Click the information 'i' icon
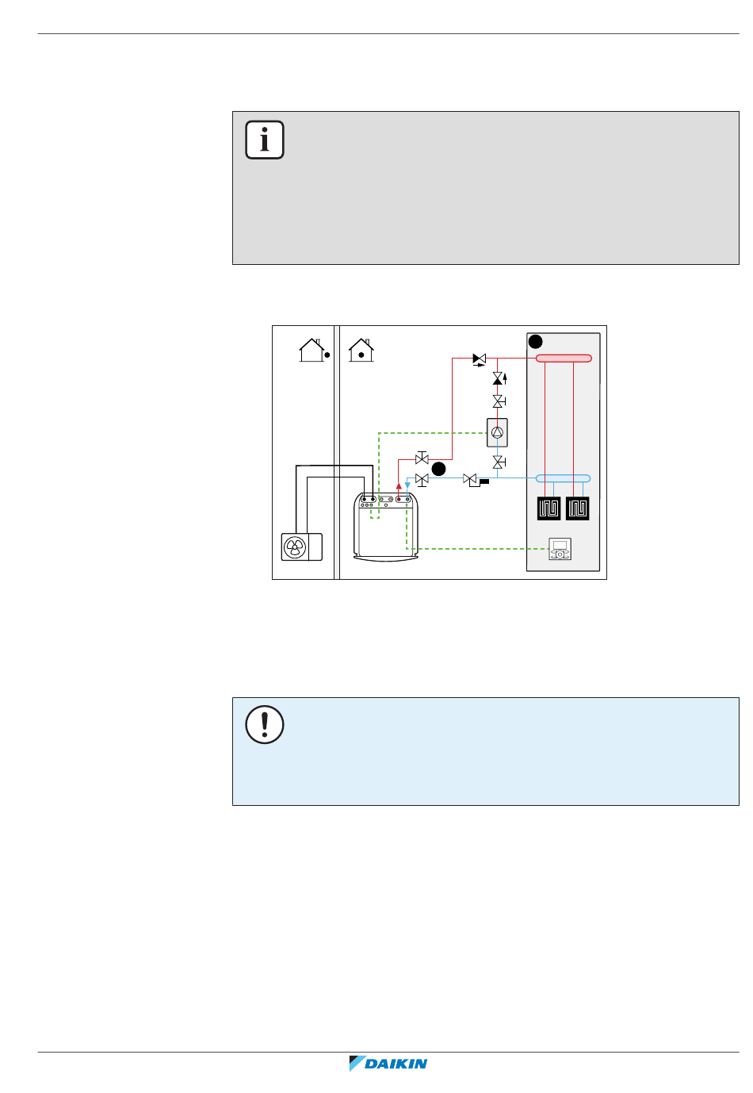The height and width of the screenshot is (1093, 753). (x=264, y=140)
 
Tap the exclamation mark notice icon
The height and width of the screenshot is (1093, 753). (x=264, y=724)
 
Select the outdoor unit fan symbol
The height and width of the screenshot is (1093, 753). (x=295, y=547)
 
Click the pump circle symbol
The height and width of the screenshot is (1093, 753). (x=497, y=432)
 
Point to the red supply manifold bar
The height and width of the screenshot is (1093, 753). (x=564, y=359)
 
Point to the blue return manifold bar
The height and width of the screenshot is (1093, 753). (x=564, y=478)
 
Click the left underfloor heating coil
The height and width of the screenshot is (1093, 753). (x=549, y=508)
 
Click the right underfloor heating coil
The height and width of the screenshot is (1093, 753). (x=577, y=508)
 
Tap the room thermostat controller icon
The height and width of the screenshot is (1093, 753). (x=560, y=549)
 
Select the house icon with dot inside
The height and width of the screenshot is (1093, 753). (x=361, y=351)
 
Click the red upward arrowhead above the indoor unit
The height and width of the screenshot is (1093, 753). (x=399, y=486)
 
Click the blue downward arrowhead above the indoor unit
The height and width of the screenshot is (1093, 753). (x=407, y=485)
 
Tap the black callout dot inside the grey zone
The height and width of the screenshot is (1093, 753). (x=536, y=342)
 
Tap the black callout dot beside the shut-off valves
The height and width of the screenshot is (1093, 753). (x=439, y=469)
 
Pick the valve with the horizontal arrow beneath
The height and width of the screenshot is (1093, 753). (x=480, y=359)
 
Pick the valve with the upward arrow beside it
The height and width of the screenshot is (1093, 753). (x=499, y=378)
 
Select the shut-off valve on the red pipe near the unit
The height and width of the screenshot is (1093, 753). (x=422, y=458)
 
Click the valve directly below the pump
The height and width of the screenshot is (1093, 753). (x=499, y=462)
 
